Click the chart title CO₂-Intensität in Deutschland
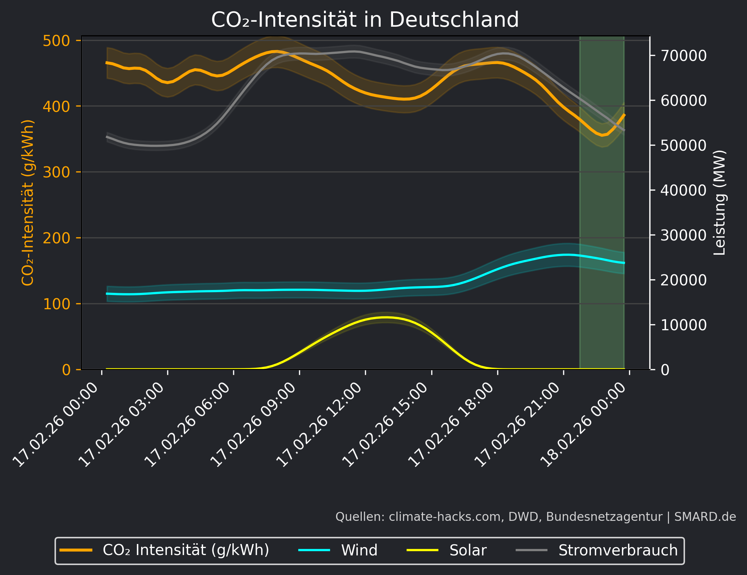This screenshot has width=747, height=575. click(x=365, y=20)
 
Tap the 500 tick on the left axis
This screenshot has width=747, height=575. click(x=56, y=41)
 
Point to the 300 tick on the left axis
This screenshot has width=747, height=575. click(x=56, y=172)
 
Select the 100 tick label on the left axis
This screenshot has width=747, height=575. click(x=56, y=304)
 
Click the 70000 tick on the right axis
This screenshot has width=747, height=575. click(x=683, y=56)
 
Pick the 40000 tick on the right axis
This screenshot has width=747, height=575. click(x=683, y=190)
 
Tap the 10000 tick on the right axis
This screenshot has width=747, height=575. click(x=683, y=325)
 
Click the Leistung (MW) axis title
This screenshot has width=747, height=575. click(x=719, y=202)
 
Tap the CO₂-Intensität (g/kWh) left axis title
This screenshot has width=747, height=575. click(x=28, y=202)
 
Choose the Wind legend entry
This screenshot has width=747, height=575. click(x=359, y=550)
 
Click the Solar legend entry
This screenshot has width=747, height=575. click(x=468, y=550)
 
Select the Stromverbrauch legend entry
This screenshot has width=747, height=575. click(x=618, y=550)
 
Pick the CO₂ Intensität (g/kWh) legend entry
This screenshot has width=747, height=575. click(x=186, y=550)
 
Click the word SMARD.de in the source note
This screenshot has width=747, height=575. click(x=705, y=517)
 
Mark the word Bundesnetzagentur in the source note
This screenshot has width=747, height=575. click(x=604, y=517)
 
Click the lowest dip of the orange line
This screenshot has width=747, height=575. click(x=602, y=135)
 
